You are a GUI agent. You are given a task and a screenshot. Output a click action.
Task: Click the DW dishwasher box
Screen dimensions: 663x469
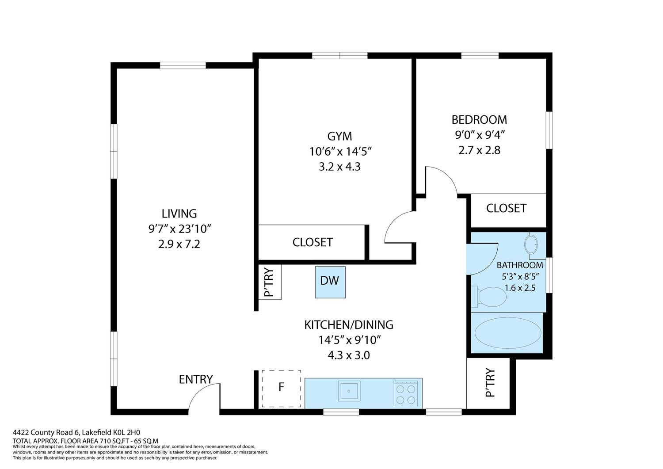tap(330, 282)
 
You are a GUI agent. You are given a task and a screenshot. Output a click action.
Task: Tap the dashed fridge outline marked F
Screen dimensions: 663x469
tap(281, 389)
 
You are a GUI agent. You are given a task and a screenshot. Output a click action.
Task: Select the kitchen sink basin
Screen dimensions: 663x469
tap(349, 391)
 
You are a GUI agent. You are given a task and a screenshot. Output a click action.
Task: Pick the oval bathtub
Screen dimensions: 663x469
tap(508, 333)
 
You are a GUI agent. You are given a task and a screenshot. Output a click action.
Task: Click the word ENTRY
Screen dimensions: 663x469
tap(196, 379)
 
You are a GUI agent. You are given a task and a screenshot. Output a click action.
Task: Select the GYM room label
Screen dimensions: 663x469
tap(339, 136)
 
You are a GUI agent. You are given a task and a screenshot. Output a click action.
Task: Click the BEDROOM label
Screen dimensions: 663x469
tap(479, 120)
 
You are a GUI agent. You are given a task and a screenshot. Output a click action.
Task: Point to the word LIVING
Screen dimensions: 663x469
tap(179, 214)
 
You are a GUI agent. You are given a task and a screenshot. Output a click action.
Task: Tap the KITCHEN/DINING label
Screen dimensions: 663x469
tap(349, 325)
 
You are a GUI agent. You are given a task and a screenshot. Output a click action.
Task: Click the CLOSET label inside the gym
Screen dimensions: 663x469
tap(312, 242)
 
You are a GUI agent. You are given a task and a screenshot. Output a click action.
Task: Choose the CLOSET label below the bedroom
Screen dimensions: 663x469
tap(506, 208)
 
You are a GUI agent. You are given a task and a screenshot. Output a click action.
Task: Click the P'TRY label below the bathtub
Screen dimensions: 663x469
tap(490, 382)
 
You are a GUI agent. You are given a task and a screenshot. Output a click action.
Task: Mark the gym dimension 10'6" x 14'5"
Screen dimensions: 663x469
tap(340, 152)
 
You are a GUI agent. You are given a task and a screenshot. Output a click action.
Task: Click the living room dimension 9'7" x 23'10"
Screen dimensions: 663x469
tap(179, 229)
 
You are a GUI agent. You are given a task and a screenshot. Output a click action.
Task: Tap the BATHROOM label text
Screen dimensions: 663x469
tap(520, 265)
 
